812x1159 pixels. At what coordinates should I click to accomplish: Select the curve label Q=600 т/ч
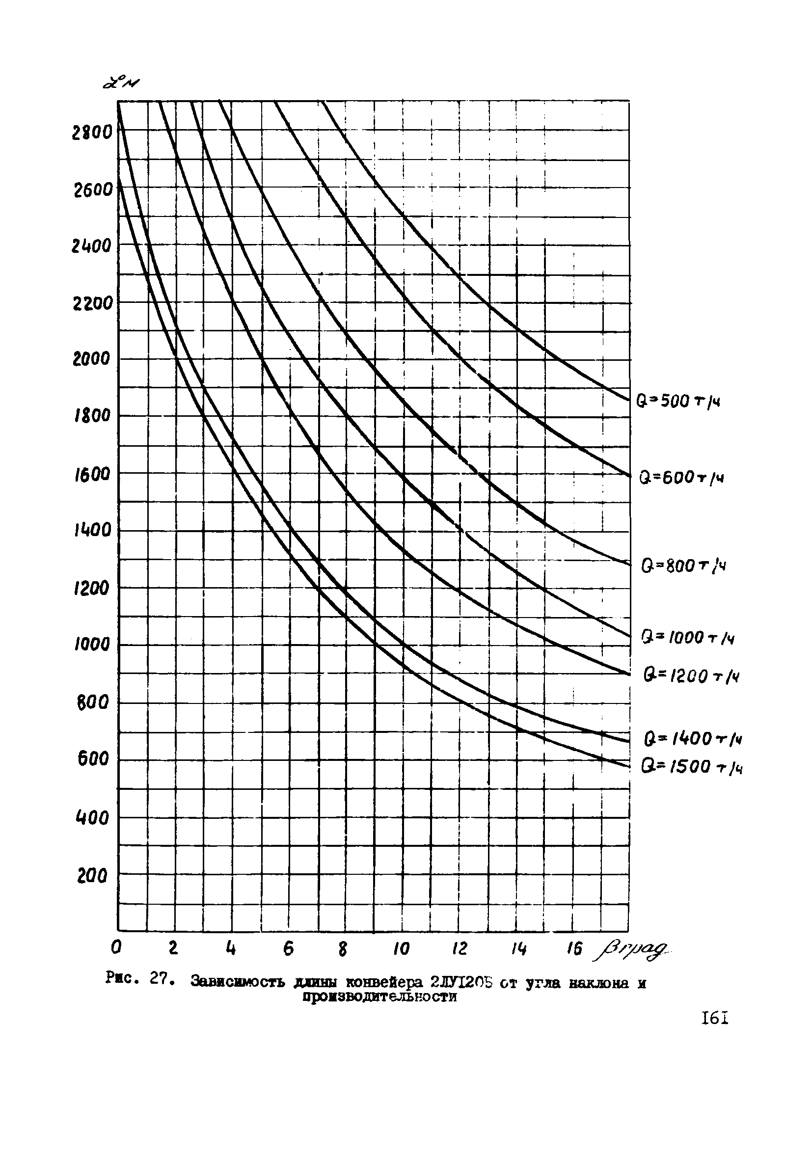coord(681,477)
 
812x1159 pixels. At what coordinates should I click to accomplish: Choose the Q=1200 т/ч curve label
coord(691,675)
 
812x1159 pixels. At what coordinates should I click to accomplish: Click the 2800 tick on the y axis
coord(92,133)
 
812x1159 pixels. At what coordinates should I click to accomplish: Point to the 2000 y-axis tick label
coord(91,359)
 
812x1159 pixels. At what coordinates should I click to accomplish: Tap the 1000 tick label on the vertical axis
coord(92,645)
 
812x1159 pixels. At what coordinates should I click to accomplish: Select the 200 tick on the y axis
coord(92,876)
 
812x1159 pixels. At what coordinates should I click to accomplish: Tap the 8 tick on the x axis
coord(343,949)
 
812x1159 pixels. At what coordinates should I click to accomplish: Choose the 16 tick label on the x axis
coord(574,949)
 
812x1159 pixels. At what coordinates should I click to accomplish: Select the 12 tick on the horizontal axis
coord(460,949)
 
